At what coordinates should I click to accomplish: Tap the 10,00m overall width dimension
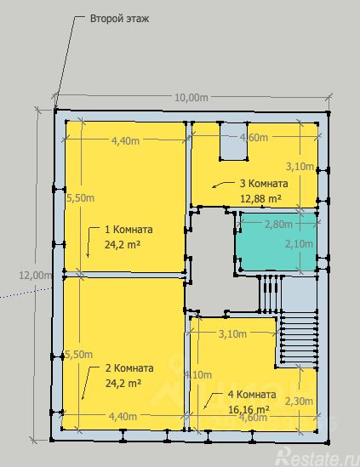click(191, 98)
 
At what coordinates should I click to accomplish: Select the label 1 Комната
click(129, 230)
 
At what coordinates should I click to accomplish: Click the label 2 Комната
click(129, 368)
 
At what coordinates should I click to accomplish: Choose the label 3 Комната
click(263, 184)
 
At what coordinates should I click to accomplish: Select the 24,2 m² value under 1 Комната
click(123, 244)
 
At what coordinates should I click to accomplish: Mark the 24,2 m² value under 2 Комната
click(123, 383)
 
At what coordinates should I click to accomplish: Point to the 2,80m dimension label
click(277, 225)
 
